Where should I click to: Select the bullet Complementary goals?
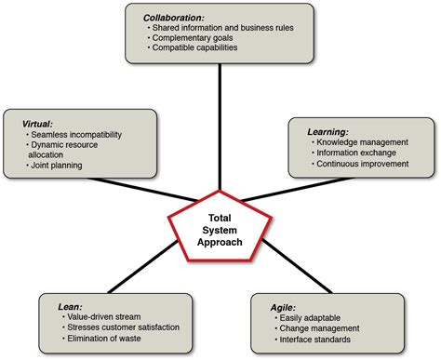click(x=194, y=38)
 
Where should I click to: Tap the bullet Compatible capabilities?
click(x=194, y=48)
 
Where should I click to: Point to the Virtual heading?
click(x=40, y=123)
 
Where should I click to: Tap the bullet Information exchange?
click(x=354, y=153)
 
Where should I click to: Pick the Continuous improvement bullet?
click(x=363, y=164)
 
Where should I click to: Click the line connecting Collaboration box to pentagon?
click(x=220, y=130)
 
